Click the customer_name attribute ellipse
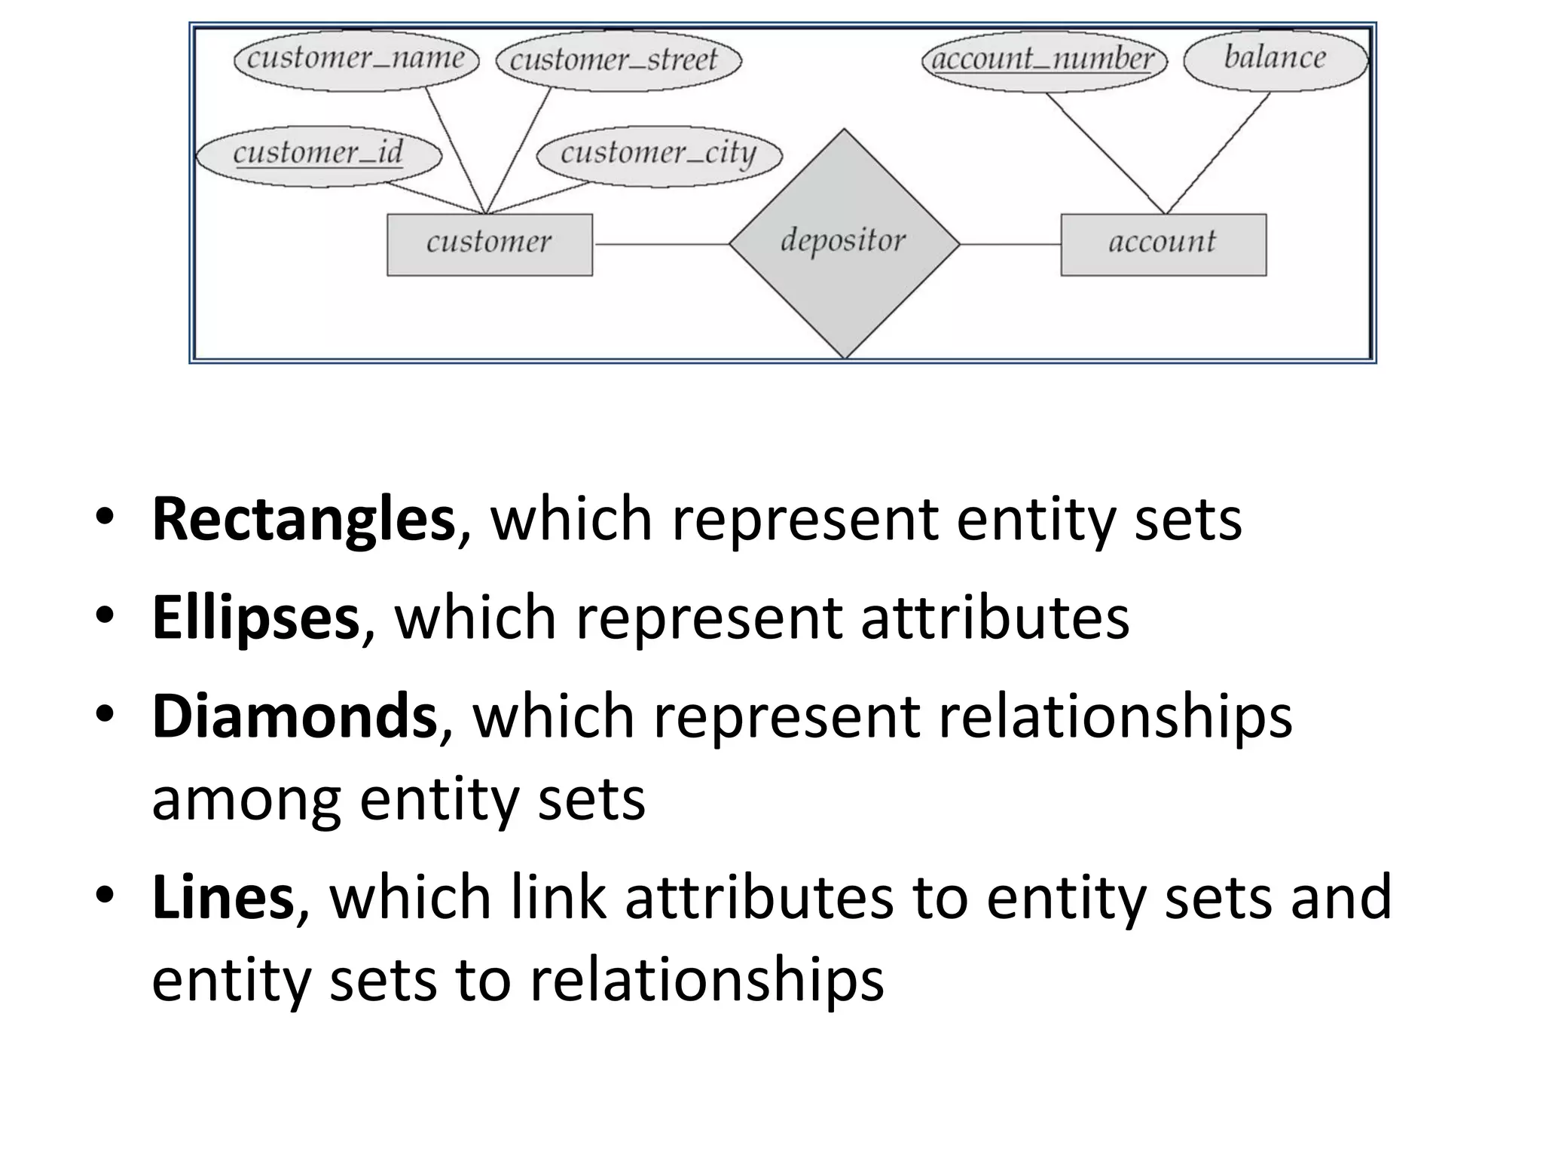(356, 60)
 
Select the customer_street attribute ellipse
(619, 60)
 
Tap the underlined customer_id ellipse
(319, 154)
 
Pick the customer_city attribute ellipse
(659, 154)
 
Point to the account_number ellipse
(1044, 60)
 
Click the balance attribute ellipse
(1276, 60)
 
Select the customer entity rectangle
(490, 244)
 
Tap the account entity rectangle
(1163, 244)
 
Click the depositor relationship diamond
(844, 243)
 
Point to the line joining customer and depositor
(661, 244)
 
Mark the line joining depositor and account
(1010, 244)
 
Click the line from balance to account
(1218, 153)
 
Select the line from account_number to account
(1105, 153)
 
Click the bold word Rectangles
(304, 519)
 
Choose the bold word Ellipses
(255, 618)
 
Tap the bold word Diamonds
(295, 716)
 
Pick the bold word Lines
(223, 897)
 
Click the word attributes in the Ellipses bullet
(995, 618)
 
